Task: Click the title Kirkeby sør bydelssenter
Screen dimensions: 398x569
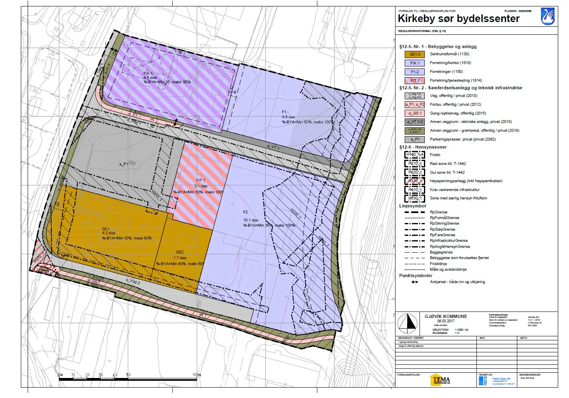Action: pos(458,19)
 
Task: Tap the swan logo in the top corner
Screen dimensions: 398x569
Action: pos(547,16)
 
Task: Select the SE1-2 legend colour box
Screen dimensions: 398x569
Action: pos(415,54)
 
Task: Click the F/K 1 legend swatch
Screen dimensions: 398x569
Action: pos(415,63)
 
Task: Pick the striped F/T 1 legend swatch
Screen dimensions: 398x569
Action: pos(415,80)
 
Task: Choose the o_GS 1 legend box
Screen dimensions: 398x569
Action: pos(415,113)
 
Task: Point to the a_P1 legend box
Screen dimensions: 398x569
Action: pos(415,140)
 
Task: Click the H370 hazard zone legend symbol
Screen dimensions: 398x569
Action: pos(414,181)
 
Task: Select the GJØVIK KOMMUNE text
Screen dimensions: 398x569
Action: pos(446,316)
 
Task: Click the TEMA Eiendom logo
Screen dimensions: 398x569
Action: pos(440,380)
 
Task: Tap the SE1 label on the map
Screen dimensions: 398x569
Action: pos(105,229)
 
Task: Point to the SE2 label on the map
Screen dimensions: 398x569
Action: pos(179,252)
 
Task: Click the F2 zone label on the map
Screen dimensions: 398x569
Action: pos(246,212)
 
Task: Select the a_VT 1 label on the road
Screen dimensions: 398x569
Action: pos(273,147)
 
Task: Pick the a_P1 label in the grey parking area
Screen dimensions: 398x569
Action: pos(123,164)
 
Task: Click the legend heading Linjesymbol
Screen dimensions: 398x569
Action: pos(412,206)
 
